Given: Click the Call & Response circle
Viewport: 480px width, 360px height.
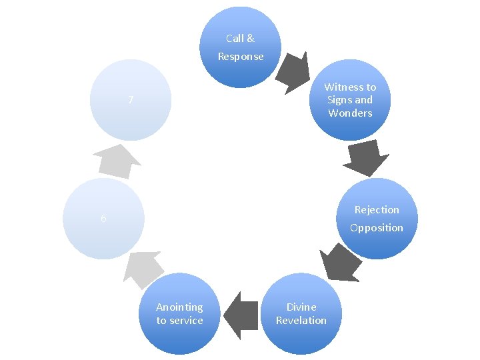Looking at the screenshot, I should (x=241, y=47).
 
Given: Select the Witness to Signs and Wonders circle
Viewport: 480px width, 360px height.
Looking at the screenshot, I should (x=351, y=100).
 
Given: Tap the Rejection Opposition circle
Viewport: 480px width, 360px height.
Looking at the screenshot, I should (x=377, y=219).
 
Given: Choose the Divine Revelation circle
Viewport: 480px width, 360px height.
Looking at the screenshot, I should (x=301, y=313).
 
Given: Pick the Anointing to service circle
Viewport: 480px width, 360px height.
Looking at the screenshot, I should (x=179, y=313).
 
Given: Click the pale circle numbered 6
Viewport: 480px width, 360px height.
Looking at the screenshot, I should (x=103, y=219).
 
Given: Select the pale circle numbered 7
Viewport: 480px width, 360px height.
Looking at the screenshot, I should (x=131, y=100).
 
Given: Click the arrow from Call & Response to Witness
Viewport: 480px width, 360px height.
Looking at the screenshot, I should (x=294, y=71).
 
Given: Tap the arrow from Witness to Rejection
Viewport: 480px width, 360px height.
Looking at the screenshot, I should (x=365, y=159).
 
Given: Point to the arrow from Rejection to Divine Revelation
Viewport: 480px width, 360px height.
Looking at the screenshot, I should (x=339, y=263).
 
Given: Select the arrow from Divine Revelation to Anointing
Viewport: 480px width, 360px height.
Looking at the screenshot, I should (x=241, y=311).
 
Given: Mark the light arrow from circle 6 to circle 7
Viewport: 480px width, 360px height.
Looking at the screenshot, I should (x=116, y=161).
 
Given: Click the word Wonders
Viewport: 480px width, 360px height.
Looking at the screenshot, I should (x=350, y=113).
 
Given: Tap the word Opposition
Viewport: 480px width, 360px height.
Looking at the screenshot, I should (x=377, y=228).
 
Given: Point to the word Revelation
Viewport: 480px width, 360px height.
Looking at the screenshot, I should (x=301, y=321).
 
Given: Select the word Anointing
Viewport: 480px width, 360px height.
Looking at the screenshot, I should (x=179, y=307).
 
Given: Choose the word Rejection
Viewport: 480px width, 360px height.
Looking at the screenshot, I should (x=377, y=210).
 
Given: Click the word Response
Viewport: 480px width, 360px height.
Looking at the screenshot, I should (x=241, y=57).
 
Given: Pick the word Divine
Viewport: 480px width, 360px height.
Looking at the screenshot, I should (x=301, y=307).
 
